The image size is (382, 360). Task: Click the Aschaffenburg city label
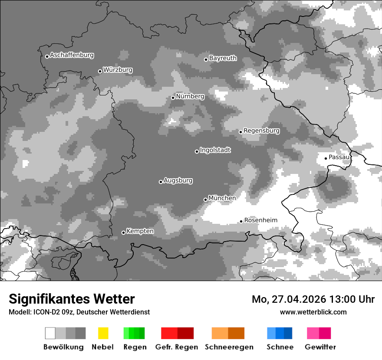click(72, 55)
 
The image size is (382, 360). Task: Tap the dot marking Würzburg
click(100, 71)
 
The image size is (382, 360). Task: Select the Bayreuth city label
click(223, 58)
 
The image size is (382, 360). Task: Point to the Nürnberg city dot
click(173, 98)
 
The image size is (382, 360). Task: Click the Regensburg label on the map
click(261, 131)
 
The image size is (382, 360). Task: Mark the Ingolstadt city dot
click(197, 151)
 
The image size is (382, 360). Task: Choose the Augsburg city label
click(178, 180)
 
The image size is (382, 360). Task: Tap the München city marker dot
click(205, 200)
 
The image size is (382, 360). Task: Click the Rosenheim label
click(260, 220)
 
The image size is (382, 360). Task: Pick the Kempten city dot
click(123, 232)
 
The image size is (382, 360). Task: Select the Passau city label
click(339, 157)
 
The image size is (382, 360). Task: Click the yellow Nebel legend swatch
click(103, 333)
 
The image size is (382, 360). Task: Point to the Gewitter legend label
click(320, 347)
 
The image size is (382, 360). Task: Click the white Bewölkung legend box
click(50, 333)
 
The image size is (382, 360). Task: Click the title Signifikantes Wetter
click(72, 299)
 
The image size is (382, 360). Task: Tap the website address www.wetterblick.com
click(313, 312)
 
